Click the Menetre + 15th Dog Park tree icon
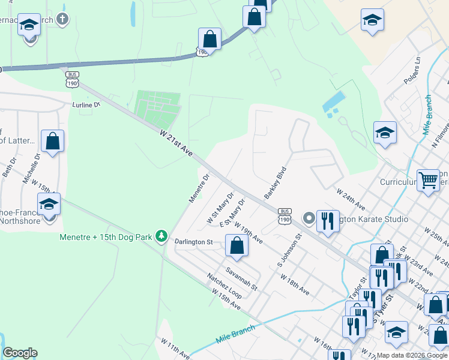click(x=161, y=236)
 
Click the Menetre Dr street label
click(x=198, y=188)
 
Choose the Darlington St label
click(x=193, y=242)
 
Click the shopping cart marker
click(x=429, y=179)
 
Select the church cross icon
click(x=62, y=19)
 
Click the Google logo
click(x=20, y=353)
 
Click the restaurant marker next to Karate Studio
click(x=328, y=221)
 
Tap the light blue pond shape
click(x=334, y=104)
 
